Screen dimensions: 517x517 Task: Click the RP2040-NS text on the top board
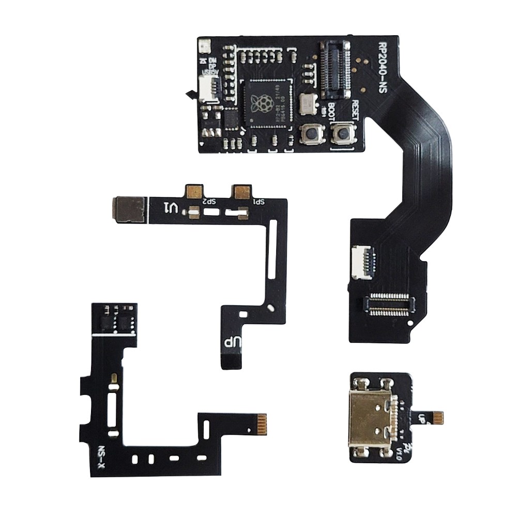pos(383,67)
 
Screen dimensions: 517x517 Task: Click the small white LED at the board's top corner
pos(203,47)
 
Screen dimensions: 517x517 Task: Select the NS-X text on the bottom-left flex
pos(101,454)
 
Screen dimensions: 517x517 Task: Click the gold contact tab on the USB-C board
pos(438,416)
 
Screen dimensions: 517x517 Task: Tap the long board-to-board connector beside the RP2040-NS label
pos(334,70)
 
